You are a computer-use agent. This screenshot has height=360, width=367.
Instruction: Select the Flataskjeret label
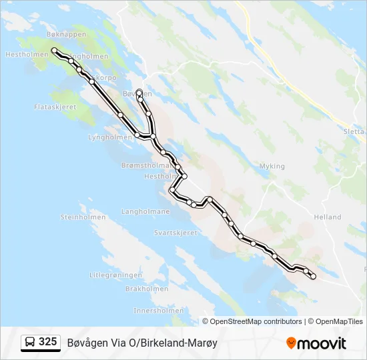(55, 107)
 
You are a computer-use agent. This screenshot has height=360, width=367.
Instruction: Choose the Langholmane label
(145, 211)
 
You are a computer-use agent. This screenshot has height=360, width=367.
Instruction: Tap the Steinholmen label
(80, 217)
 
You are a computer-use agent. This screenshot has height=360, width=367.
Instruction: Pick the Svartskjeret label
(175, 233)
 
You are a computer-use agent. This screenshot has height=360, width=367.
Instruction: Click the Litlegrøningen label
(116, 275)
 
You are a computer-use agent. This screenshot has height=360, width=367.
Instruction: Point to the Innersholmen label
(158, 311)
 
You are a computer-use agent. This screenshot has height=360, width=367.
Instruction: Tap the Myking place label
(272, 166)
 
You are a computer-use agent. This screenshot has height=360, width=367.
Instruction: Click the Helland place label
(327, 217)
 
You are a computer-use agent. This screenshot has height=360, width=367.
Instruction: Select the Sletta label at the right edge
(354, 132)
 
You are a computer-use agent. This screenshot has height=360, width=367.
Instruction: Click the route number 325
(48, 342)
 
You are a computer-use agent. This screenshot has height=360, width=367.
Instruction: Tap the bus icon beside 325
(30, 343)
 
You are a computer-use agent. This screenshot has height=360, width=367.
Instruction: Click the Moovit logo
(316, 343)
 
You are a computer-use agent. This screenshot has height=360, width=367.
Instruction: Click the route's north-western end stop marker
(54, 51)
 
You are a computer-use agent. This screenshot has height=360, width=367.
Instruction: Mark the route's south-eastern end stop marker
(313, 276)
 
